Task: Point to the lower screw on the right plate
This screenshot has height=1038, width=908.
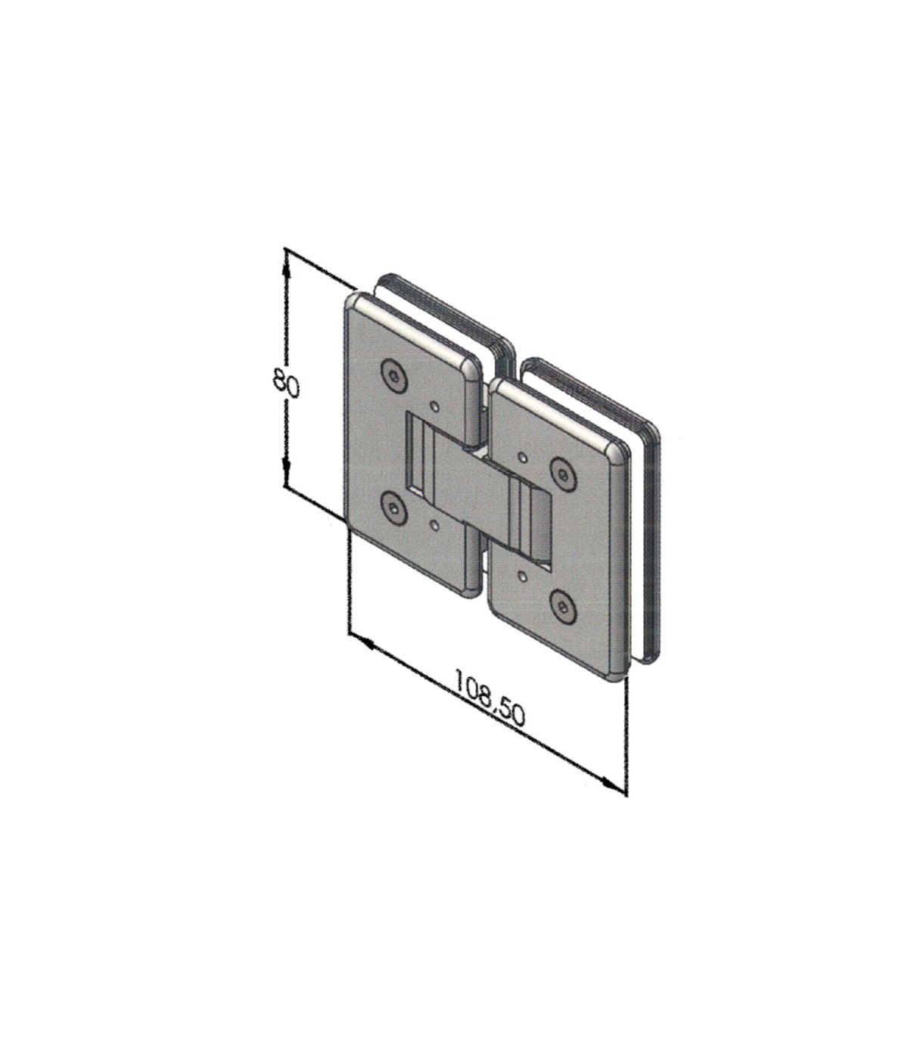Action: (562, 604)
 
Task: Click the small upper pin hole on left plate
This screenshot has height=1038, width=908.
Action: (435, 406)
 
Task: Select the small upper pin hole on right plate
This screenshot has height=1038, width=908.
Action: (522, 458)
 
